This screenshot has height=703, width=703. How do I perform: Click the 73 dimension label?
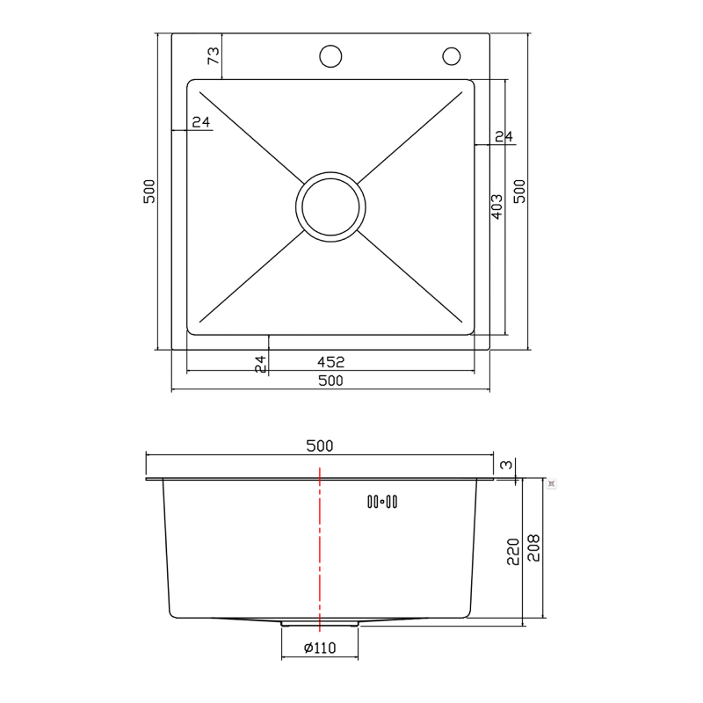[x=213, y=56]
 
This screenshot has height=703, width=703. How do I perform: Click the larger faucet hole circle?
[x=330, y=56]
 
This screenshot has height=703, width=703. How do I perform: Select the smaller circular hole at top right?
[x=452, y=56]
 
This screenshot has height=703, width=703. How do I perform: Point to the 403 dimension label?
[x=496, y=207]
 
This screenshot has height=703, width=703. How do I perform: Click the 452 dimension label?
[x=330, y=361]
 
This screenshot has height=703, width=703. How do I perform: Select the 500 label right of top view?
[x=519, y=192]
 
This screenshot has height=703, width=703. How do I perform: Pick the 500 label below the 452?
[x=330, y=380]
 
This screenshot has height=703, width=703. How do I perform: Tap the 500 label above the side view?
[x=320, y=446]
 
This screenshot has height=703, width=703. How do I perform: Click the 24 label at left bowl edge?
[x=201, y=122]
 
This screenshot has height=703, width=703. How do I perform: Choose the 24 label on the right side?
[x=504, y=136]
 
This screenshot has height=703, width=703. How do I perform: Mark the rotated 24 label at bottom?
[x=260, y=364]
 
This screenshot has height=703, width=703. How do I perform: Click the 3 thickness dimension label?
[x=505, y=465]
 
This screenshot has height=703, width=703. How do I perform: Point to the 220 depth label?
[x=513, y=552]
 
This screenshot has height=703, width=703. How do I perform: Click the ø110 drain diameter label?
[x=320, y=649]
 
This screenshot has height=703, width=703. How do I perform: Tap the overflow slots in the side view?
[x=381, y=502]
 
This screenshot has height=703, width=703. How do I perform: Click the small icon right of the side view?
[x=551, y=482]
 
